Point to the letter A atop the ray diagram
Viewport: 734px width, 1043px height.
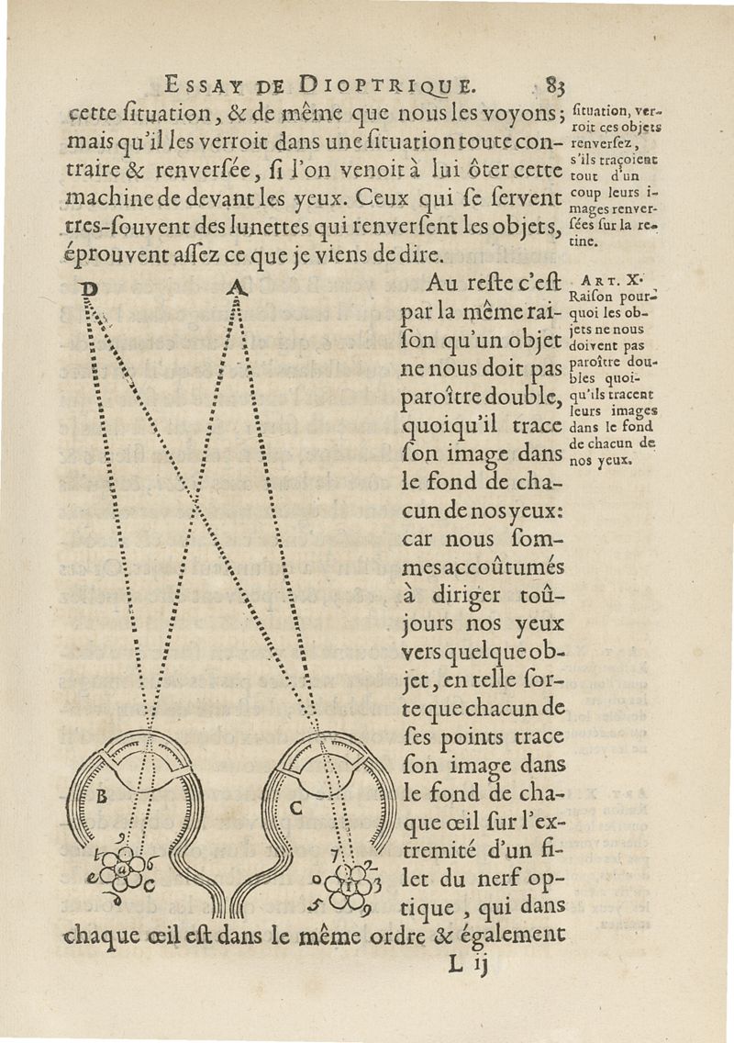236,288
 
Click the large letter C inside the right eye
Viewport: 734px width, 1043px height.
295,809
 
